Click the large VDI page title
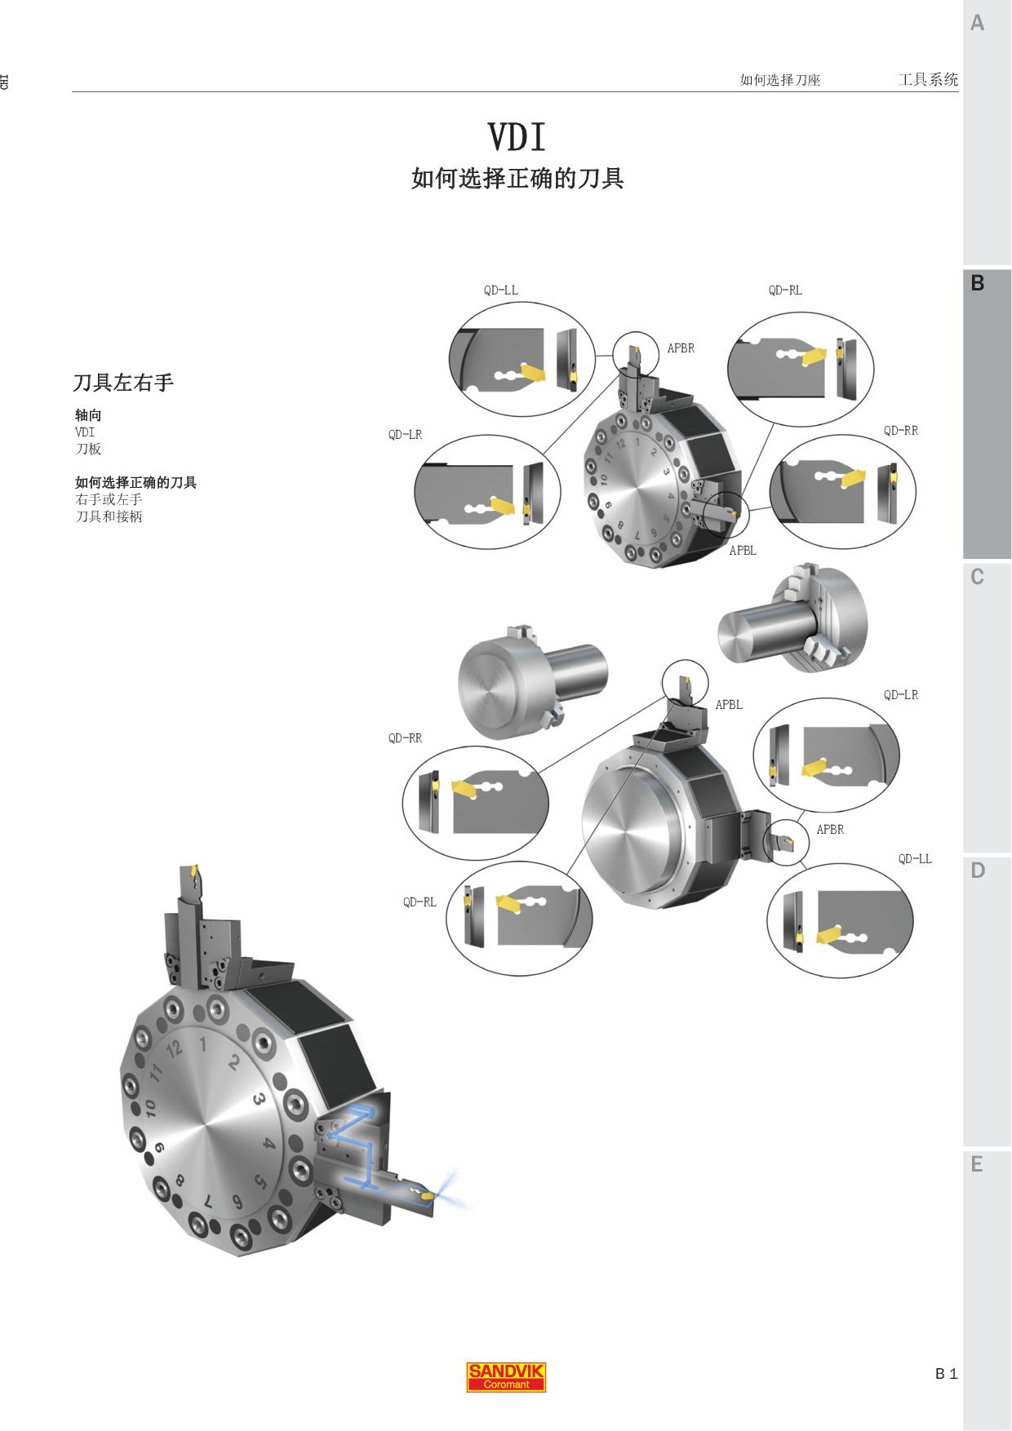[517, 137]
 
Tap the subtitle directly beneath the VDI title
[517, 179]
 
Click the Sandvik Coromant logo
[506, 1377]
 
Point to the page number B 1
[946, 1374]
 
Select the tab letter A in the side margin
[977, 24]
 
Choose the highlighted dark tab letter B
[977, 283]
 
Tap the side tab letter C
[977, 577]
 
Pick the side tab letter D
[978, 871]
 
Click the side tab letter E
[977, 1164]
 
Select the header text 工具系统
[928, 79]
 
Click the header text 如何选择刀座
[779, 80]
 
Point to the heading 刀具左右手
[123, 383]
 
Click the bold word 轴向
[88, 415]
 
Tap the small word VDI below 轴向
[85, 432]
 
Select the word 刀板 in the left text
[88, 449]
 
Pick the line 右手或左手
[109, 499]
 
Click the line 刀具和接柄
[109, 516]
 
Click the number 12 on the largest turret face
[173, 1049]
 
